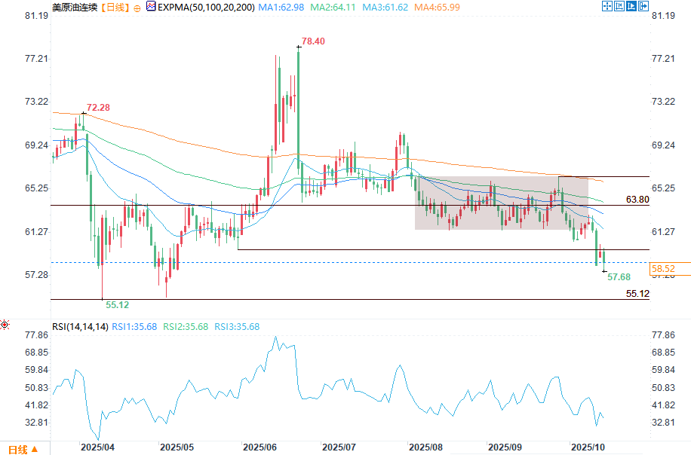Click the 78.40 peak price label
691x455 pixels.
[x=313, y=41]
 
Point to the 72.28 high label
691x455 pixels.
[x=98, y=108]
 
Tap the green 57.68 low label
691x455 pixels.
[x=619, y=278]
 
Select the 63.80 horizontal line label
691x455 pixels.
[x=637, y=200]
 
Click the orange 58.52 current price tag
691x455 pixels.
[x=663, y=268]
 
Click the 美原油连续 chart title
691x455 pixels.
[x=74, y=7]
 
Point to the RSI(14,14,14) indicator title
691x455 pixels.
[x=81, y=326]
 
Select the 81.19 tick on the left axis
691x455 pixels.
[x=36, y=16]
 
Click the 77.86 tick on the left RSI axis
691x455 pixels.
[x=36, y=335]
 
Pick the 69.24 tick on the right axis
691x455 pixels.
[x=662, y=145]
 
